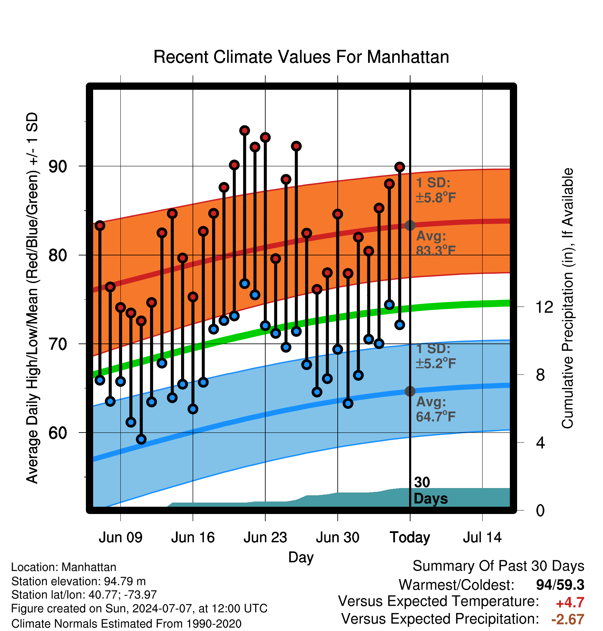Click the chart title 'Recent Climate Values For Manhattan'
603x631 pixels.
coord(301,57)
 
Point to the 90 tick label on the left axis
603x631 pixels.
coord(58,166)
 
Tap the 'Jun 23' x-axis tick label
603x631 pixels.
coord(265,537)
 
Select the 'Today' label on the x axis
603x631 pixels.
coord(410,538)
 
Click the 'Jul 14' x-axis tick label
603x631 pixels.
coord(482,537)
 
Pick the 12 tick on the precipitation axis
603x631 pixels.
coord(544,307)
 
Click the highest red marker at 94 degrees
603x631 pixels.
coord(245,130)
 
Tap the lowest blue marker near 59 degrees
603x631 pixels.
coord(141,439)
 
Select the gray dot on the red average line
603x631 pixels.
coord(410,225)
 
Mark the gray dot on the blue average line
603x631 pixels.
coord(410,391)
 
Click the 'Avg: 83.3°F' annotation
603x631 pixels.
coord(436,243)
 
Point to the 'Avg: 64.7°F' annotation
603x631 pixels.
coord(436,409)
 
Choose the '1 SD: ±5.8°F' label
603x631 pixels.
coord(436,190)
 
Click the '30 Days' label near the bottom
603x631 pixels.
coord(431,491)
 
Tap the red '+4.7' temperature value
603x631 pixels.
coord(570,603)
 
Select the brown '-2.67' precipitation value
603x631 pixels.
coord(568,619)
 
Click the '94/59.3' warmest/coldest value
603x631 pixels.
coord(560,585)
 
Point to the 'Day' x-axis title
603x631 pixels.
coord(301,557)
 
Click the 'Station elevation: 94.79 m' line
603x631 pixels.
coord(78,581)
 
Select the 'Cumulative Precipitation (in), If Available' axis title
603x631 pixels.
coord(567,298)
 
